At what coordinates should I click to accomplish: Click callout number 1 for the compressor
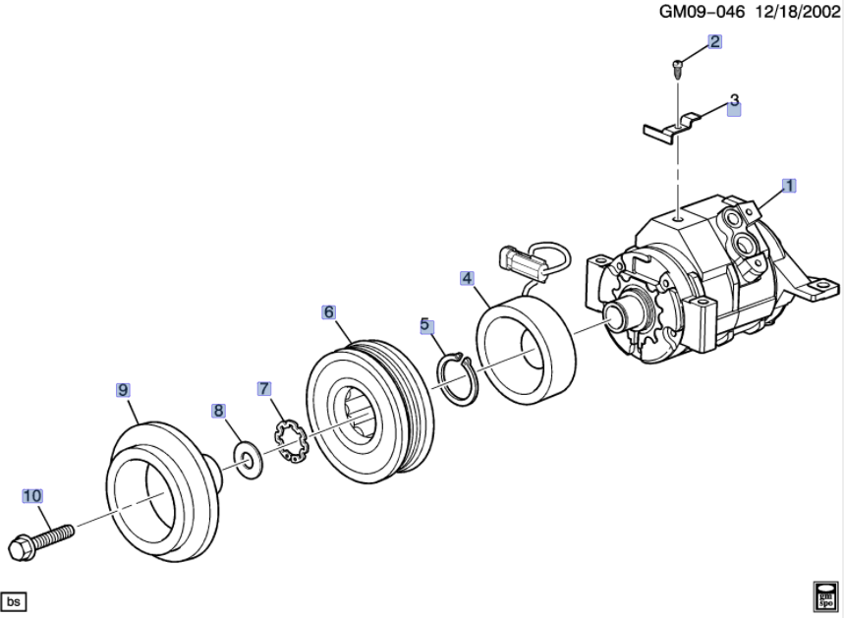pyautogui.click(x=789, y=185)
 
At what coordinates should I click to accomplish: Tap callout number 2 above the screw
pyautogui.click(x=714, y=41)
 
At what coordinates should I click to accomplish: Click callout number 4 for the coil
pyautogui.click(x=467, y=278)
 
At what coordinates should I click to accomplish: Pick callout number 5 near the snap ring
pyautogui.click(x=425, y=324)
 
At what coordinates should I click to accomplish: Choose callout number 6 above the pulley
pyautogui.click(x=329, y=312)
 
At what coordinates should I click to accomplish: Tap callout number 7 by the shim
pyautogui.click(x=263, y=388)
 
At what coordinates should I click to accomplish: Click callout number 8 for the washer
pyautogui.click(x=218, y=411)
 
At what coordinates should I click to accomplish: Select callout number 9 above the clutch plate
pyautogui.click(x=123, y=390)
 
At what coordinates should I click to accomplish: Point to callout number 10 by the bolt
pyautogui.click(x=31, y=496)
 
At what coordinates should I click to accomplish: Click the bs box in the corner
pyautogui.click(x=14, y=601)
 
